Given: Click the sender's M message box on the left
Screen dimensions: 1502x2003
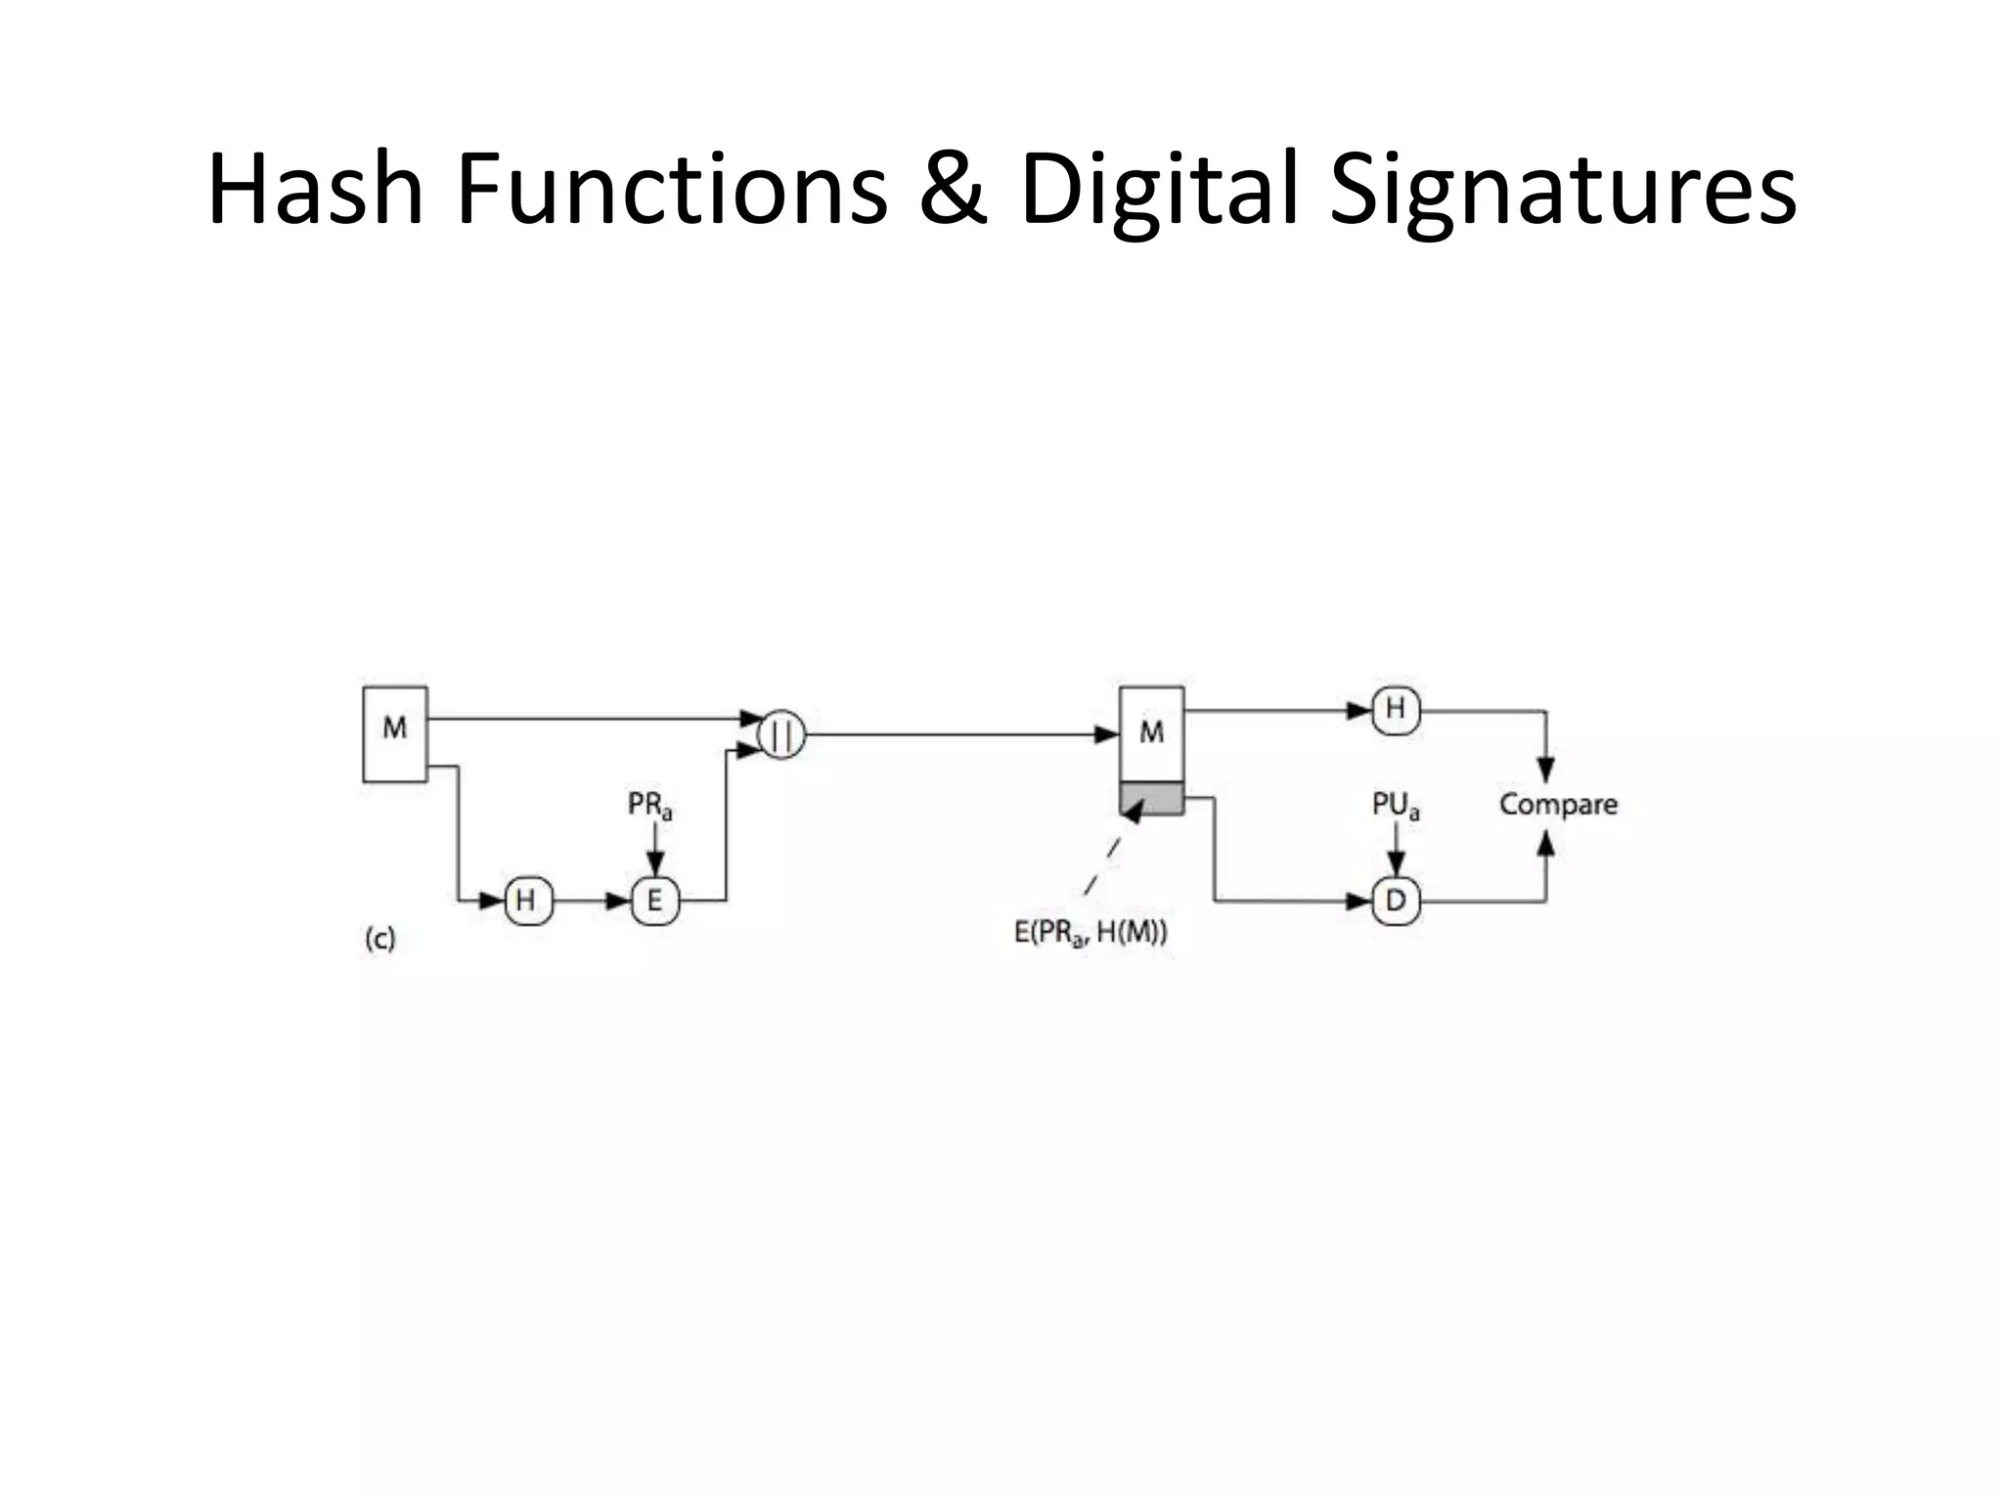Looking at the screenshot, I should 395,733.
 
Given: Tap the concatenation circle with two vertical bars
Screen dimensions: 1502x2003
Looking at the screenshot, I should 781,735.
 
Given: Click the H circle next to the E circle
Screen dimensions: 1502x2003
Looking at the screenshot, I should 528,901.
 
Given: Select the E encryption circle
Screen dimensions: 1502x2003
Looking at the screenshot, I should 654,901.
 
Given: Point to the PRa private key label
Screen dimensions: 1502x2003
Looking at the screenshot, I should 650,806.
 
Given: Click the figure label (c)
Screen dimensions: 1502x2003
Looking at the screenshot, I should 379,940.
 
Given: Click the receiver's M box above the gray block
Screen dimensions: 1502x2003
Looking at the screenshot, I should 1151,733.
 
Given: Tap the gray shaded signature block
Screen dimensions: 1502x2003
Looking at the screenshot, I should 1151,799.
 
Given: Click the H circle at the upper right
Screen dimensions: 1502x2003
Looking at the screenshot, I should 1396,709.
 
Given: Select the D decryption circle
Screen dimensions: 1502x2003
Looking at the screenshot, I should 1396,901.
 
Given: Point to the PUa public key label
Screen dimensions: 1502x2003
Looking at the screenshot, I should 1396,806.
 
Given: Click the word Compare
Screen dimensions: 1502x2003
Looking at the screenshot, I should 1558,805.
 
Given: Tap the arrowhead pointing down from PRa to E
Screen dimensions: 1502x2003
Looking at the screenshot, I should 655,864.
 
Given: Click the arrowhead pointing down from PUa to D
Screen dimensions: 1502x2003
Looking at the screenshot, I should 1397,864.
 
